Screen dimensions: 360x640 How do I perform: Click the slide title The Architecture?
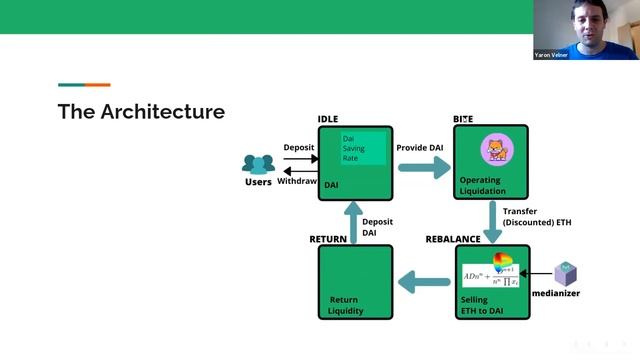pyautogui.click(x=141, y=111)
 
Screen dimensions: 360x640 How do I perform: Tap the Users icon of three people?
pyautogui.click(x=258, y=163)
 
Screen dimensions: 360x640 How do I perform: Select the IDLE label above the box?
pyautogui.click(x=328, y=119)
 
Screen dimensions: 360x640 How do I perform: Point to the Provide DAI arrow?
pyautogui.click(x=424, y=166)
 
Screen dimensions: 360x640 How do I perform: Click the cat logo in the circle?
pyautogui.click(x=495, y=150)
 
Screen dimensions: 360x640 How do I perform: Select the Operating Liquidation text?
pyautogui.click(x=482, y=186)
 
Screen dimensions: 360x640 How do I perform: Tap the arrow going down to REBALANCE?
pyautogui.click(x=493, y=221)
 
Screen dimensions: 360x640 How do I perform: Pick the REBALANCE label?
pyautogui.click(x=453, y=239)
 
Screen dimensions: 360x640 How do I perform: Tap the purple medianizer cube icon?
pyautogui.click(x=567, y=273)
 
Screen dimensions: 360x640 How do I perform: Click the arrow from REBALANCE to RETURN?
pyautogui.click(x=423, y=283)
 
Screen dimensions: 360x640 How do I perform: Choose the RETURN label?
pyautogui.click(x=328, y=239)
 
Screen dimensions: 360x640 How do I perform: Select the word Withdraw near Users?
pyautogui.click(x=297, y=181)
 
